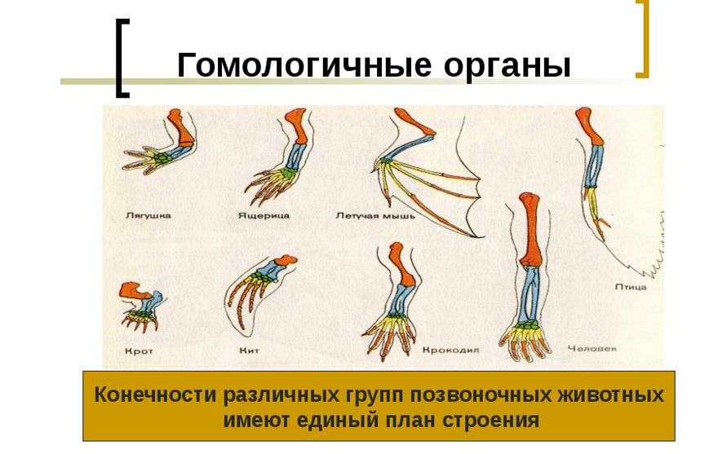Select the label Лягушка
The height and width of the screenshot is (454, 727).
click(149, 215)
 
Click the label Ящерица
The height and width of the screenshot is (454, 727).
click(264, 215)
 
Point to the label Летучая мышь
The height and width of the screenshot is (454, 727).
click(375, 216)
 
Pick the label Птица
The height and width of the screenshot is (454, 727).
click(631, 287)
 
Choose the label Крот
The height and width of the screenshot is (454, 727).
click(139, 351)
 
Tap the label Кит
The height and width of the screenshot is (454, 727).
click(249, 350)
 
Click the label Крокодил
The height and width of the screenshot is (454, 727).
click(450, 350)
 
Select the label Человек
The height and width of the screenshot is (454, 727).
click(592, 348)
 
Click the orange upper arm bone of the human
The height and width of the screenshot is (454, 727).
click(530, 230)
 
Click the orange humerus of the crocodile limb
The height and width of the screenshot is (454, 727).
click(401, 264)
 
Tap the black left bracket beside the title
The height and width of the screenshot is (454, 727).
click(122, 58)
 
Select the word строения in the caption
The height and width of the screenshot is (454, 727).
click(490, 421)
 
